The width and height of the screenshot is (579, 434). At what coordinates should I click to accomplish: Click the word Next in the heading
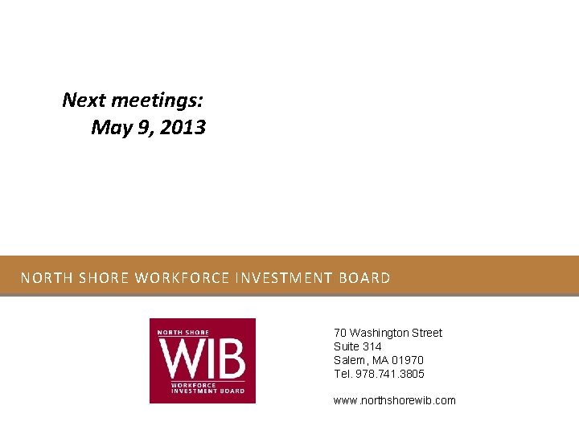tap(84, 100)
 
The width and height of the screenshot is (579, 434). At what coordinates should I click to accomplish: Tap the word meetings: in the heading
tap(156, 100)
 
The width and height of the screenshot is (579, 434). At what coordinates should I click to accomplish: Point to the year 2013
tap(183, 128)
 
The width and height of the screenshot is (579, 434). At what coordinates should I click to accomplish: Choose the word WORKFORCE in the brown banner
tap(182, 279)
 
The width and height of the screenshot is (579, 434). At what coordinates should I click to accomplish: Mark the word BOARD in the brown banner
tap(365, 279)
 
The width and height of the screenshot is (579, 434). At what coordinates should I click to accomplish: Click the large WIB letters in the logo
tap(202, 358)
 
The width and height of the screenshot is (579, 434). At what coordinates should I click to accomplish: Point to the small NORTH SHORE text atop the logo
tap(183, 332)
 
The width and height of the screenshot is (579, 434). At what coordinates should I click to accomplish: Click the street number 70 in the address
tap(340, 333)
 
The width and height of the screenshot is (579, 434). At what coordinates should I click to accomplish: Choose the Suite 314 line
tap(358, 346)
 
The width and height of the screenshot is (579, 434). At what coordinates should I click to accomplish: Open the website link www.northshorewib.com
tap(394, 400)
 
